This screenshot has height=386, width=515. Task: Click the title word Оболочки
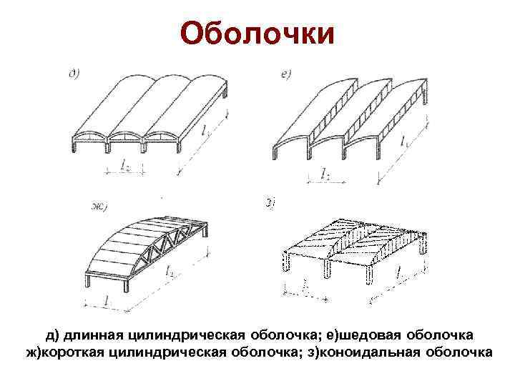click(257, 34)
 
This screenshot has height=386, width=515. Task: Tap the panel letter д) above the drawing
click(74, 73)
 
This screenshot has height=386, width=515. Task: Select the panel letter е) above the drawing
click(285, 74)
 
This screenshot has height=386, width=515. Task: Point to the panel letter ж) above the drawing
click(98, 208)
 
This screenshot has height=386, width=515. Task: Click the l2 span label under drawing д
click(124, 167)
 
